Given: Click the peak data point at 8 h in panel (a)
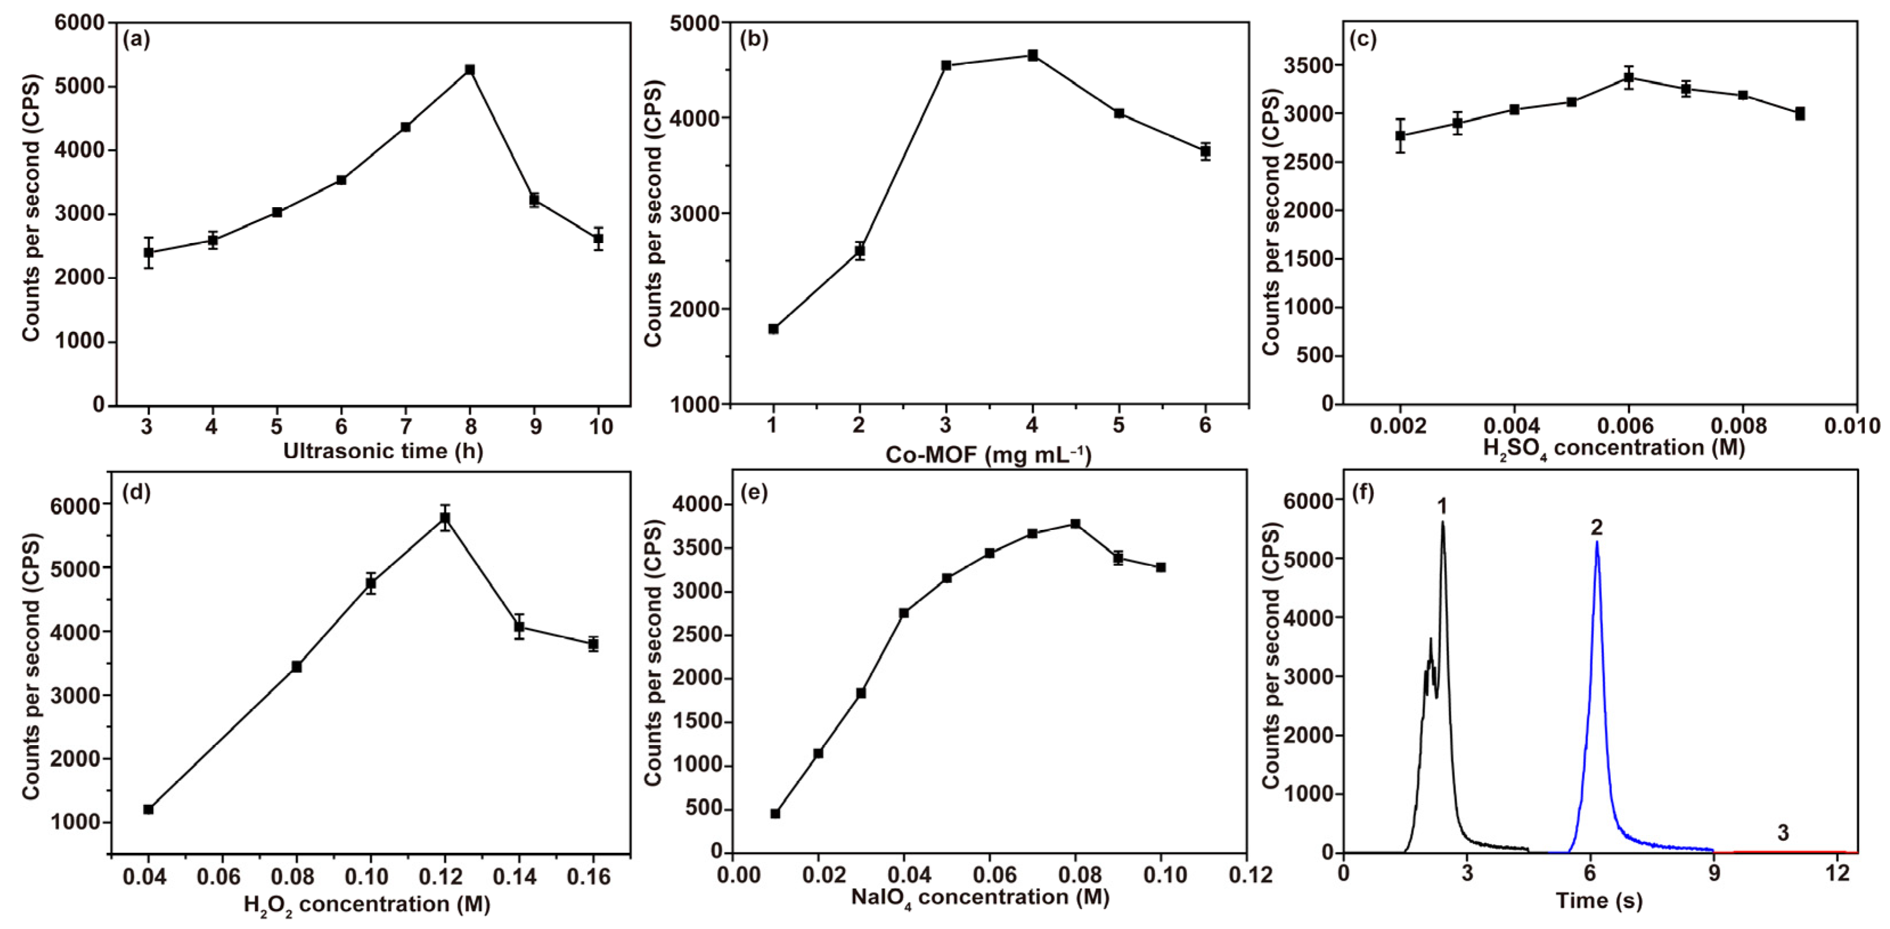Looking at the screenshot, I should [x=471, y=69].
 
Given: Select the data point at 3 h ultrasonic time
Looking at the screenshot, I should [x=148, y=252].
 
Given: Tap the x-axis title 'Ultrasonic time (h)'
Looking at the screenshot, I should [x=383, y=450].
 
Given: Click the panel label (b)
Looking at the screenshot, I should [x=754, y=40].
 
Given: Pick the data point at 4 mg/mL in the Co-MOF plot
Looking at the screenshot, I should [x=1032, y=55].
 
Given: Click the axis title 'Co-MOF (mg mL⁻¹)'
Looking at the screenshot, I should [x=988, y=455].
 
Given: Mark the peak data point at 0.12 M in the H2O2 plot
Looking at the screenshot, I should [x=445, y=517].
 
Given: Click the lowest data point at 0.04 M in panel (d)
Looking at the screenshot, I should [x=148, y=809].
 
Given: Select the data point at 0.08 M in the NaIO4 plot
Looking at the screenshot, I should [x=1075, y=524].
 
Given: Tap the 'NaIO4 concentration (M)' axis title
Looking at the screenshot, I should [x=980, y=897].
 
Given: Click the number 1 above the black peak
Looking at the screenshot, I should [x=1442, y=506].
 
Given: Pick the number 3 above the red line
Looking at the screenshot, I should [x=1783, y=833].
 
